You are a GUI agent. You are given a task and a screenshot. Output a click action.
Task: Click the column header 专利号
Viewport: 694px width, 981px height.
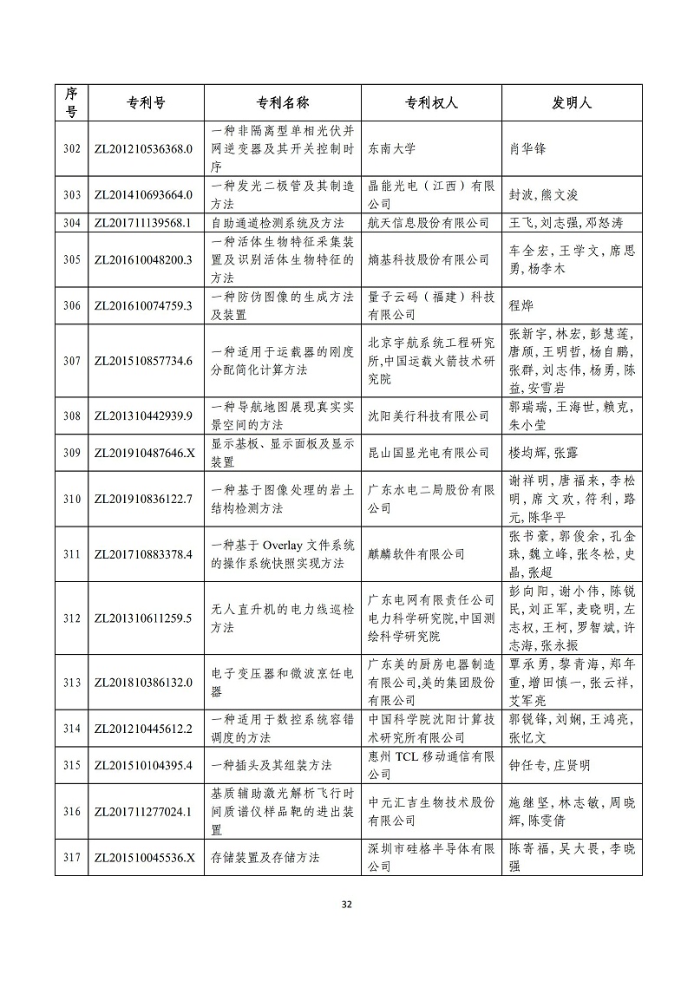click(x=141, y=102)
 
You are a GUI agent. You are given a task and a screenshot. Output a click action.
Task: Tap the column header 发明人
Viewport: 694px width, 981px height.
click(x=572, y=102)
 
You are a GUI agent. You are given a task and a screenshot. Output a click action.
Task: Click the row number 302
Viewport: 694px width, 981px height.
click(x=72, y=148)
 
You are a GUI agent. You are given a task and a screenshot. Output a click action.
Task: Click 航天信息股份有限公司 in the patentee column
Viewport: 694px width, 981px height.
click(x=429, y=223)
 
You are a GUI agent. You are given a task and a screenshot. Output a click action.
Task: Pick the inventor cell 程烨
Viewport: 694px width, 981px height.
click(x=520, y=305)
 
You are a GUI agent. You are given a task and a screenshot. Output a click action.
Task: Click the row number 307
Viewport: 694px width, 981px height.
click(x=72, y=360)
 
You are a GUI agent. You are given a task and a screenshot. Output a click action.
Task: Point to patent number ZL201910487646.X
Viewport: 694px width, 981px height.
click(x=142, y=452)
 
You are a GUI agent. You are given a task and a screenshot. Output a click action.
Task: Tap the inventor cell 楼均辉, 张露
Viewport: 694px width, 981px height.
click(x=542, y=452)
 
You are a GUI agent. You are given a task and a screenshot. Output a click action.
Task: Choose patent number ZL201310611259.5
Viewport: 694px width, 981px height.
click(x=142, y=618)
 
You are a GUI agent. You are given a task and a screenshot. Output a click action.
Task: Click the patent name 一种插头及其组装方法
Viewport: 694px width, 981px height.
click(x=272, y=766)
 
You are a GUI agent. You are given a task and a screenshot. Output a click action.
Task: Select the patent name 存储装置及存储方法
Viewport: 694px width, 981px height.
click(x=265, y=857)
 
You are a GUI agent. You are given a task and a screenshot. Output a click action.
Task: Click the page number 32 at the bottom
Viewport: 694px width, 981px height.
click(x=346, y=905)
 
